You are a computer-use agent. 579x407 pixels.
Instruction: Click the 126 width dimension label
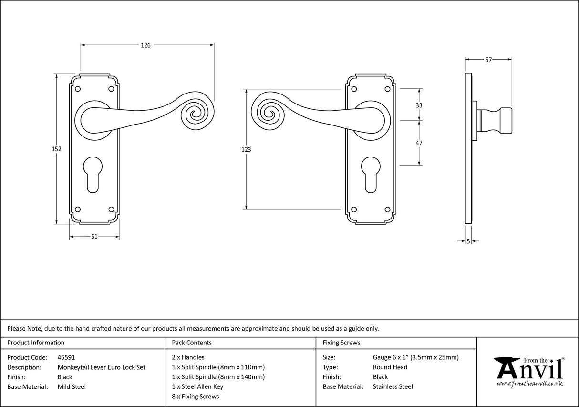(x=145, y=45)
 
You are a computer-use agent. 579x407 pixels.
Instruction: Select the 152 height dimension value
(x=57, y=149)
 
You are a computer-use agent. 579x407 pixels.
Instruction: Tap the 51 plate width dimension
(x=94, y=237)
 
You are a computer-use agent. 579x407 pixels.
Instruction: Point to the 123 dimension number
(x=246, y=149)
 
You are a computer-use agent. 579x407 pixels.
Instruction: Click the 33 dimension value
(x=419, y=105)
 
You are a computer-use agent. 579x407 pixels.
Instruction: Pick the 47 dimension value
(x=419, y=143)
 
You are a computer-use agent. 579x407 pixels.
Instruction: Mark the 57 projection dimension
(x=488, y=60)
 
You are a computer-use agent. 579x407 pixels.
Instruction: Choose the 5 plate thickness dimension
(x=468, y=241)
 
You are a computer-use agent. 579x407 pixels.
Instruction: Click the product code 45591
(x=66, y=357)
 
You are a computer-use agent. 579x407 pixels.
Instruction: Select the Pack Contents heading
(x=191, y=343)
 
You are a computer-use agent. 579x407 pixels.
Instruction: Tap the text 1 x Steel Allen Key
(x=197, y=386)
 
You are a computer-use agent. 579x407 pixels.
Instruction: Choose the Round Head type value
(x=390, y=367)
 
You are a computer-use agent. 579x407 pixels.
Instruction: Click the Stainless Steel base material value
(x=393, y=386)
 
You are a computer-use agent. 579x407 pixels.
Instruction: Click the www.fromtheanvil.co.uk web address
(x=529, y=384)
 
